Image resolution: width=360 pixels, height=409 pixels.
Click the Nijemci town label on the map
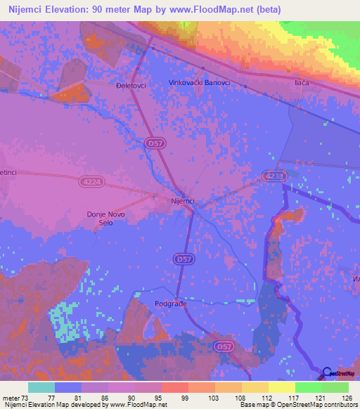pos(182,202)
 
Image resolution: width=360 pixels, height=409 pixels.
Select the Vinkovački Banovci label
pos(200,83)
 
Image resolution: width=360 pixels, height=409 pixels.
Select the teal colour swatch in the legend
pos(41,387)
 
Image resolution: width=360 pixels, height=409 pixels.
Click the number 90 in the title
pos(113,8)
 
